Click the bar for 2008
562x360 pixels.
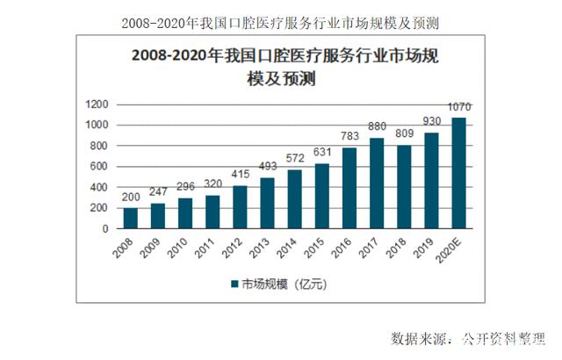tap(131, 218)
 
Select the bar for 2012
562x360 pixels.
tap(240, 206)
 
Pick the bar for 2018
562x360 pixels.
tap(403, 186)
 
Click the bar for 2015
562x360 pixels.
tap(321, 196)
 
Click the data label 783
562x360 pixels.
tap(349, 139)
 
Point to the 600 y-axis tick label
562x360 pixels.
tap(98, 167)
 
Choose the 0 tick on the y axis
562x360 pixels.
tap(104, 228)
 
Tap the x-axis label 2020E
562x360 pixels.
tap(451, 249)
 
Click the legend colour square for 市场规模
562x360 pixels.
tap(234, 284)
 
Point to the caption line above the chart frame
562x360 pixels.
tap(280, 18)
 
